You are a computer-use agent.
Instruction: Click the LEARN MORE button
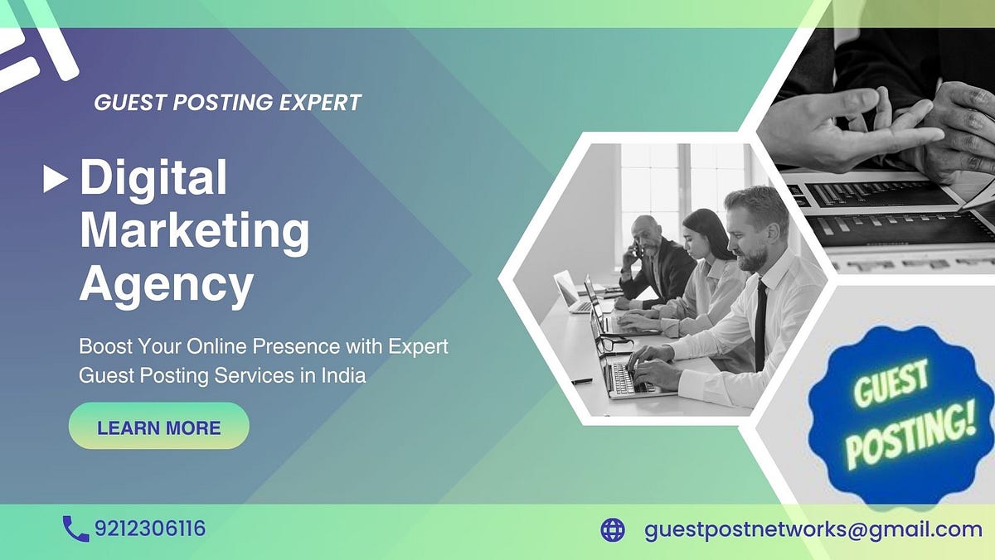pyautogui.click(x=158, y=427)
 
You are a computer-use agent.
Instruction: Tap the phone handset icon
pyautogui.click(x=75, y=529)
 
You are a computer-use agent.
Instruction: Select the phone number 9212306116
pyautogui.click(x=150, y=529)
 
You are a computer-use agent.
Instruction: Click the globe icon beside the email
pyautogui.click(x=612, y=529)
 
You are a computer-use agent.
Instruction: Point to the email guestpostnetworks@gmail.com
pyautogui.click(x=813, y=529)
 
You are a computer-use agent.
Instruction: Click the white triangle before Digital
pyautogui.click(x=55, y=179)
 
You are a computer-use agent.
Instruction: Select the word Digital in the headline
pyautogui.click(x=153, y=178)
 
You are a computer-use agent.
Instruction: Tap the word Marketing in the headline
pyautogui.click(x=194, y=233)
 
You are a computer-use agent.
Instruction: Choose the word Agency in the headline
pyautogui.click(x=166, y=286)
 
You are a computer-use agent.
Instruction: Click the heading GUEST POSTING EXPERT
pyautogui.click(x=228, y=103)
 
